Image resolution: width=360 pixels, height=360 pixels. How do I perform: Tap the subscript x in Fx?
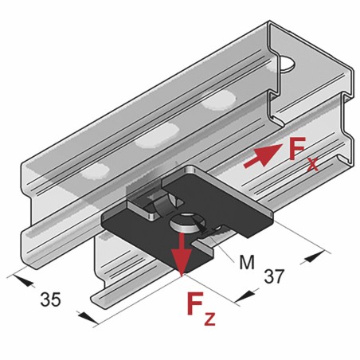[312, 165]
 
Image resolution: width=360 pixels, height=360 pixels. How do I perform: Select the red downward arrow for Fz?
[182, 252]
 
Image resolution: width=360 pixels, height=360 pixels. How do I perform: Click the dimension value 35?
[50, 300]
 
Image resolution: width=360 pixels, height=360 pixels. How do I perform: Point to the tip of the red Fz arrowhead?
[182, 272]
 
